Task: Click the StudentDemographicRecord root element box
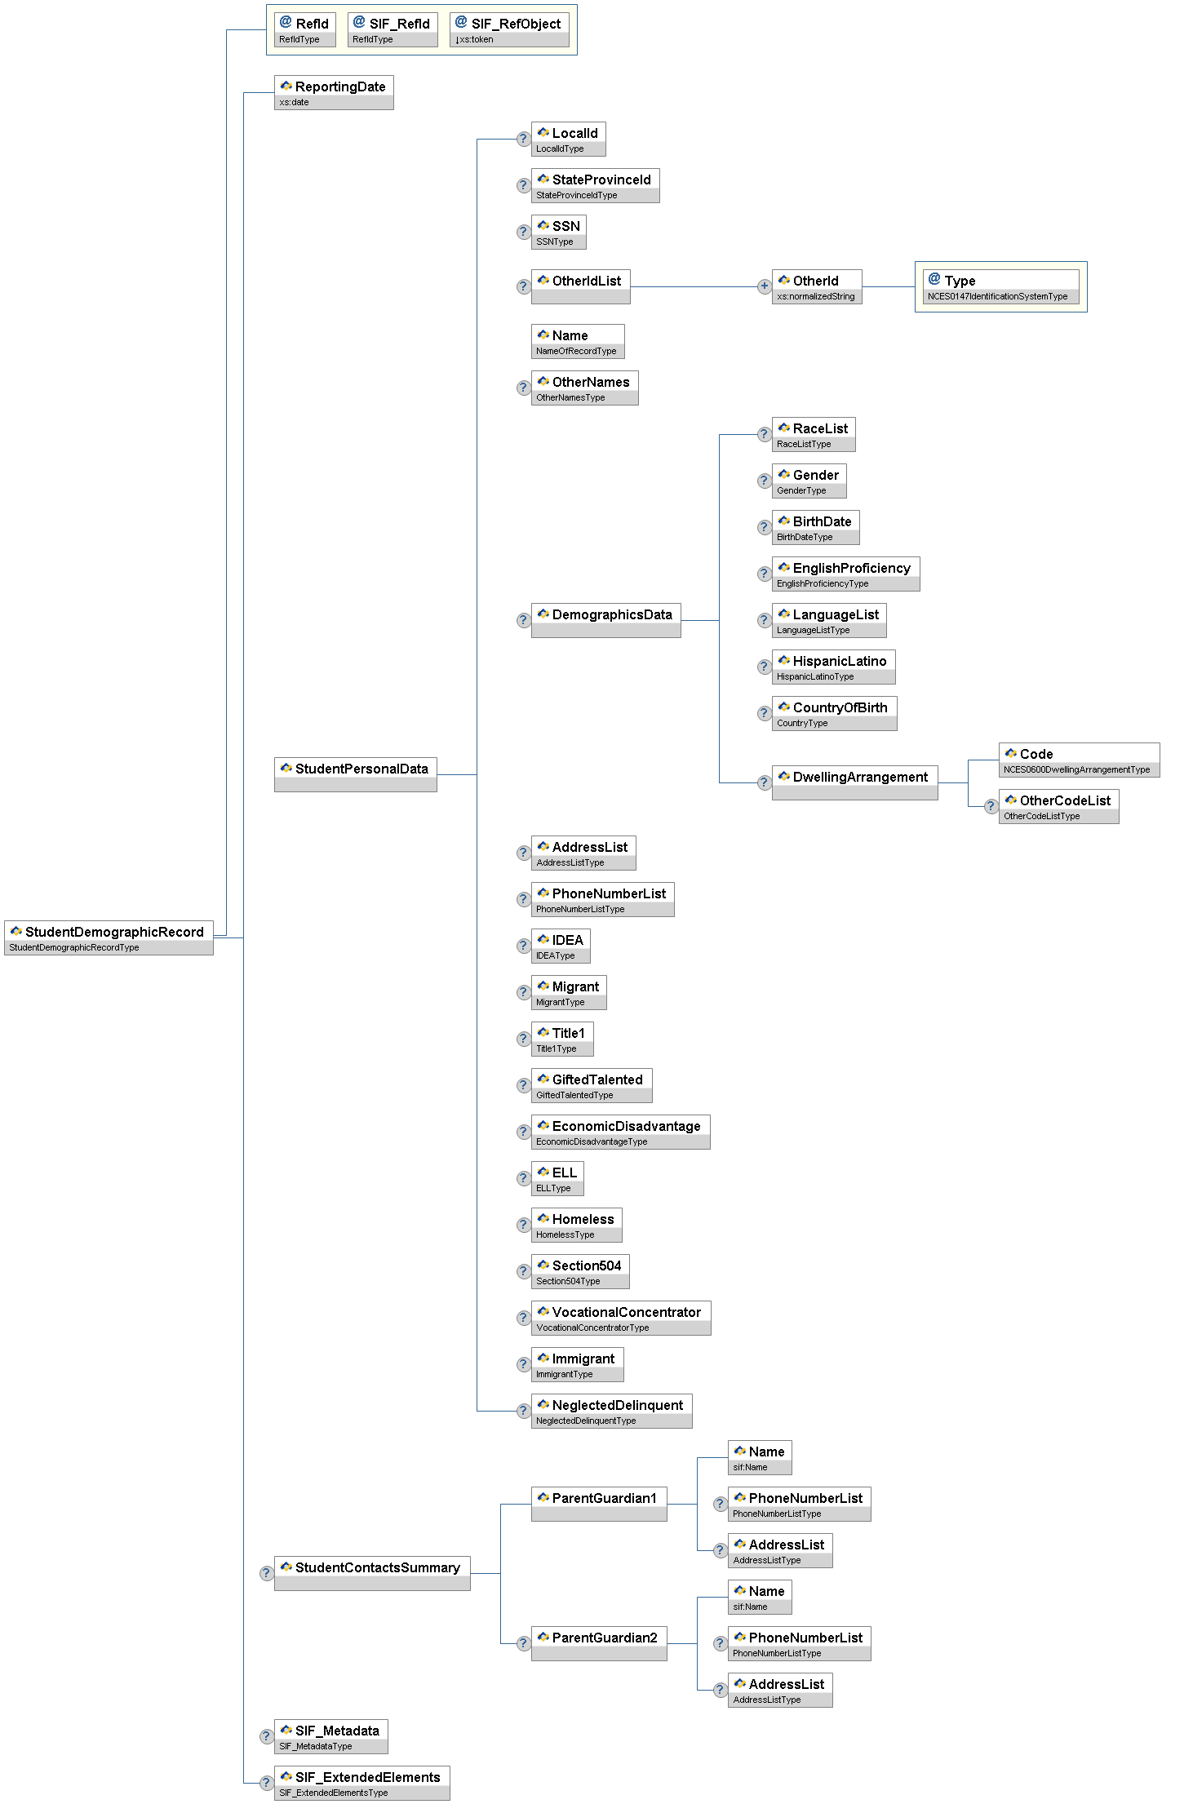coord(109,937)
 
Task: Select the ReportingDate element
coord(334,92)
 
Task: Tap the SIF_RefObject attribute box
coord(509,29)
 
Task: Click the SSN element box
coord(558,232)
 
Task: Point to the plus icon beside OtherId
coord(764,286)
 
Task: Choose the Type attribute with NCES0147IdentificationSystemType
coord(1000,286)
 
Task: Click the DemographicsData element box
coord(605,620)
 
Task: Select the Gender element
coord(809,481)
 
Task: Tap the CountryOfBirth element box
coord(834,713)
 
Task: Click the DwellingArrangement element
coord(854,782)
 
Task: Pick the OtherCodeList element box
coord(1058,806)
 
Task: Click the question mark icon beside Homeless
coord(524,1225)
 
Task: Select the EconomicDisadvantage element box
coord(620,1132)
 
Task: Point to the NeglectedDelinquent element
coord(611,1411)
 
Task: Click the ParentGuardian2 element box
coord(599,1643)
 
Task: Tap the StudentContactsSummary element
coord(372,1573)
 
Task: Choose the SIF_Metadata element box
coord(330,1736)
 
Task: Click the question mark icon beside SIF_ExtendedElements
coord(266,1783)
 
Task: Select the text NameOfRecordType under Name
coord(576,351)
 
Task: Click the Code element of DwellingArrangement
coord(1079,760)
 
